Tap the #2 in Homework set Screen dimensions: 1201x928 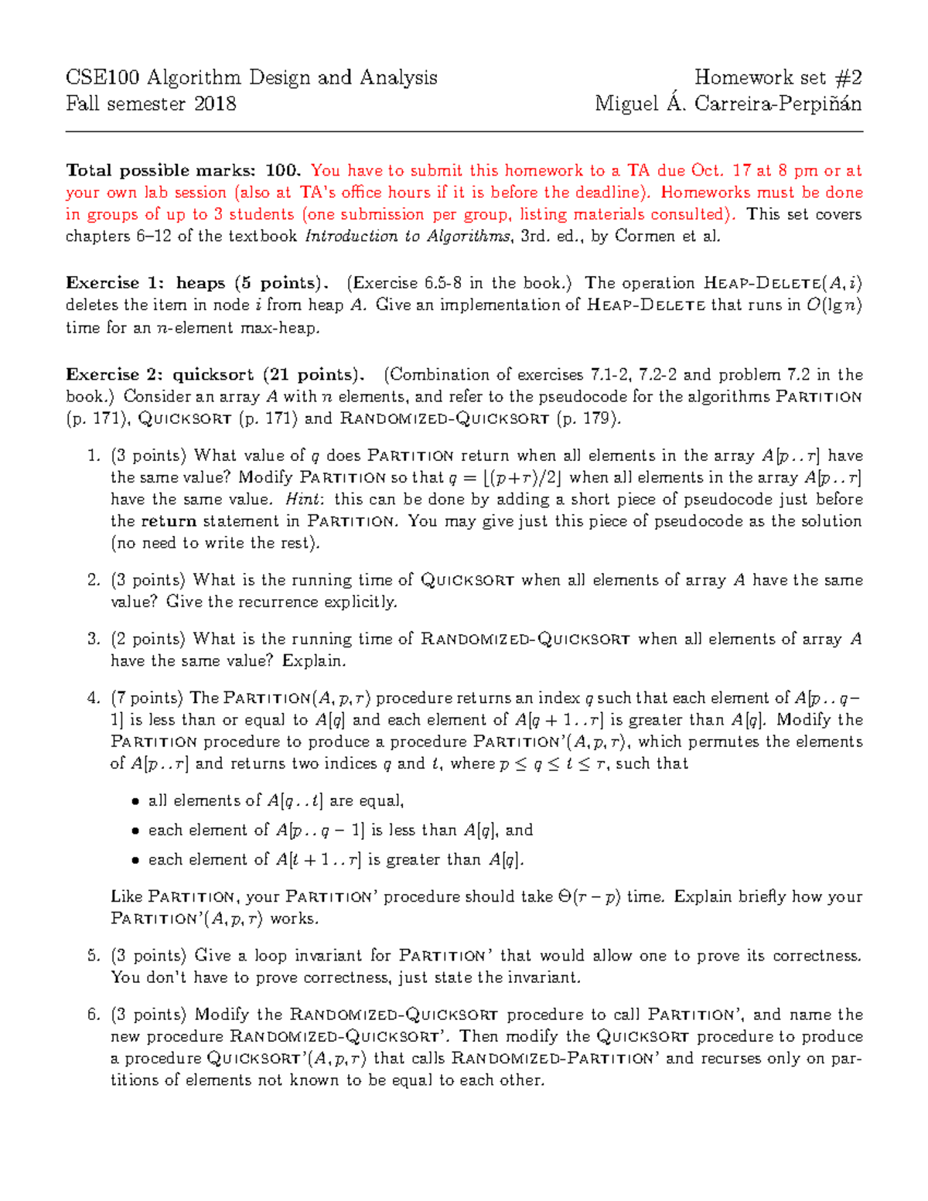pos(848,77)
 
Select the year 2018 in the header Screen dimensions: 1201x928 pos(215,104)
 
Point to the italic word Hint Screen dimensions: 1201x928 pos(302,500)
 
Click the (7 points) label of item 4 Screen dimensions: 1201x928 pos(148,698)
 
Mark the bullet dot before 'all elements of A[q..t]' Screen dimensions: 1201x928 pos(135,802)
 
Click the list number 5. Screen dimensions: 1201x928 pos(94,956)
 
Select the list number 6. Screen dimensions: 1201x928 pos(94,1015)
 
